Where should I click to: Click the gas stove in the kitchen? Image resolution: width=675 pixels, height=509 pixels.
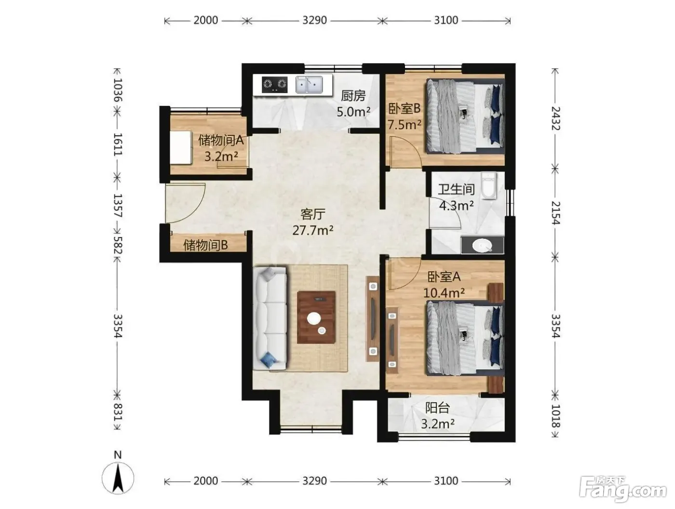274,84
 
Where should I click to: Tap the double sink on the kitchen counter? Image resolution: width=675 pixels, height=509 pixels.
309,84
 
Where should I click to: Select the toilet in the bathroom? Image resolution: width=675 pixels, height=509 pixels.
488,185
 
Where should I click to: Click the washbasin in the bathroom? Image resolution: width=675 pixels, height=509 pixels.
482,245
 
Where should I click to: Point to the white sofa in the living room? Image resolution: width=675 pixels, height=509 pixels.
270,318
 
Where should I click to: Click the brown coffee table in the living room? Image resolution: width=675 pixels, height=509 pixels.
316,317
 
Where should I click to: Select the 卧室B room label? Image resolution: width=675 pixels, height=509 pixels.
404,108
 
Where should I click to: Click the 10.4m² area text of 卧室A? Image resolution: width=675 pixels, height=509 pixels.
444,293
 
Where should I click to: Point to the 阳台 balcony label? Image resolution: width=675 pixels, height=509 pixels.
437,408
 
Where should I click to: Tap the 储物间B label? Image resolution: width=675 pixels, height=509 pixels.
205,245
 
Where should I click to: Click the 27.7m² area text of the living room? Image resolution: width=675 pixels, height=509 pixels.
313,230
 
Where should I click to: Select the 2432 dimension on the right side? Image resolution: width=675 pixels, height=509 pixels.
555,118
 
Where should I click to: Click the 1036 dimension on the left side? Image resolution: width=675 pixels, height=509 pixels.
118,90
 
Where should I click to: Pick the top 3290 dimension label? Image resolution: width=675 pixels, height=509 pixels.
314,20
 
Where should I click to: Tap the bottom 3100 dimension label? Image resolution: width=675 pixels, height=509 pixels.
446,481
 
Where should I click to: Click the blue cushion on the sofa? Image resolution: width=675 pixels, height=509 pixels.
269,360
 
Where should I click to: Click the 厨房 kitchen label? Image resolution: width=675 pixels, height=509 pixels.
353,96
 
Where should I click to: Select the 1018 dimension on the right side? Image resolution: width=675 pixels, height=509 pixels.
555,416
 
